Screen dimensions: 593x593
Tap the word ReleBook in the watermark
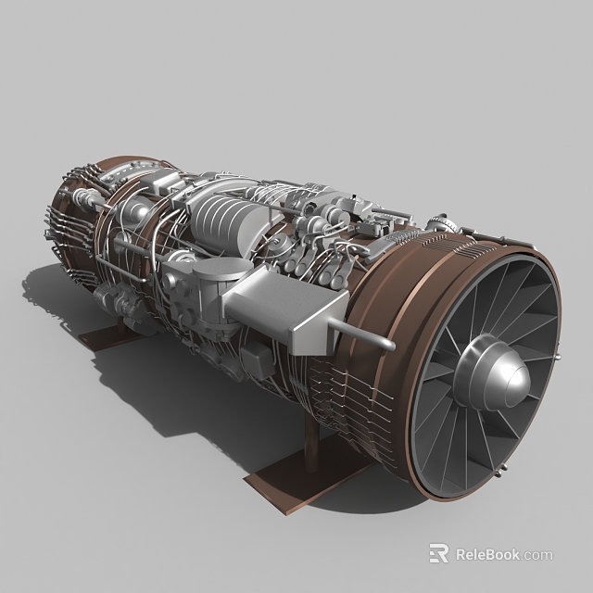487,555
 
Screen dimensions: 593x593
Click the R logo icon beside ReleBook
438,554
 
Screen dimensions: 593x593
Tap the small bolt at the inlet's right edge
558,355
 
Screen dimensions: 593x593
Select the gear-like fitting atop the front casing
437,222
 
